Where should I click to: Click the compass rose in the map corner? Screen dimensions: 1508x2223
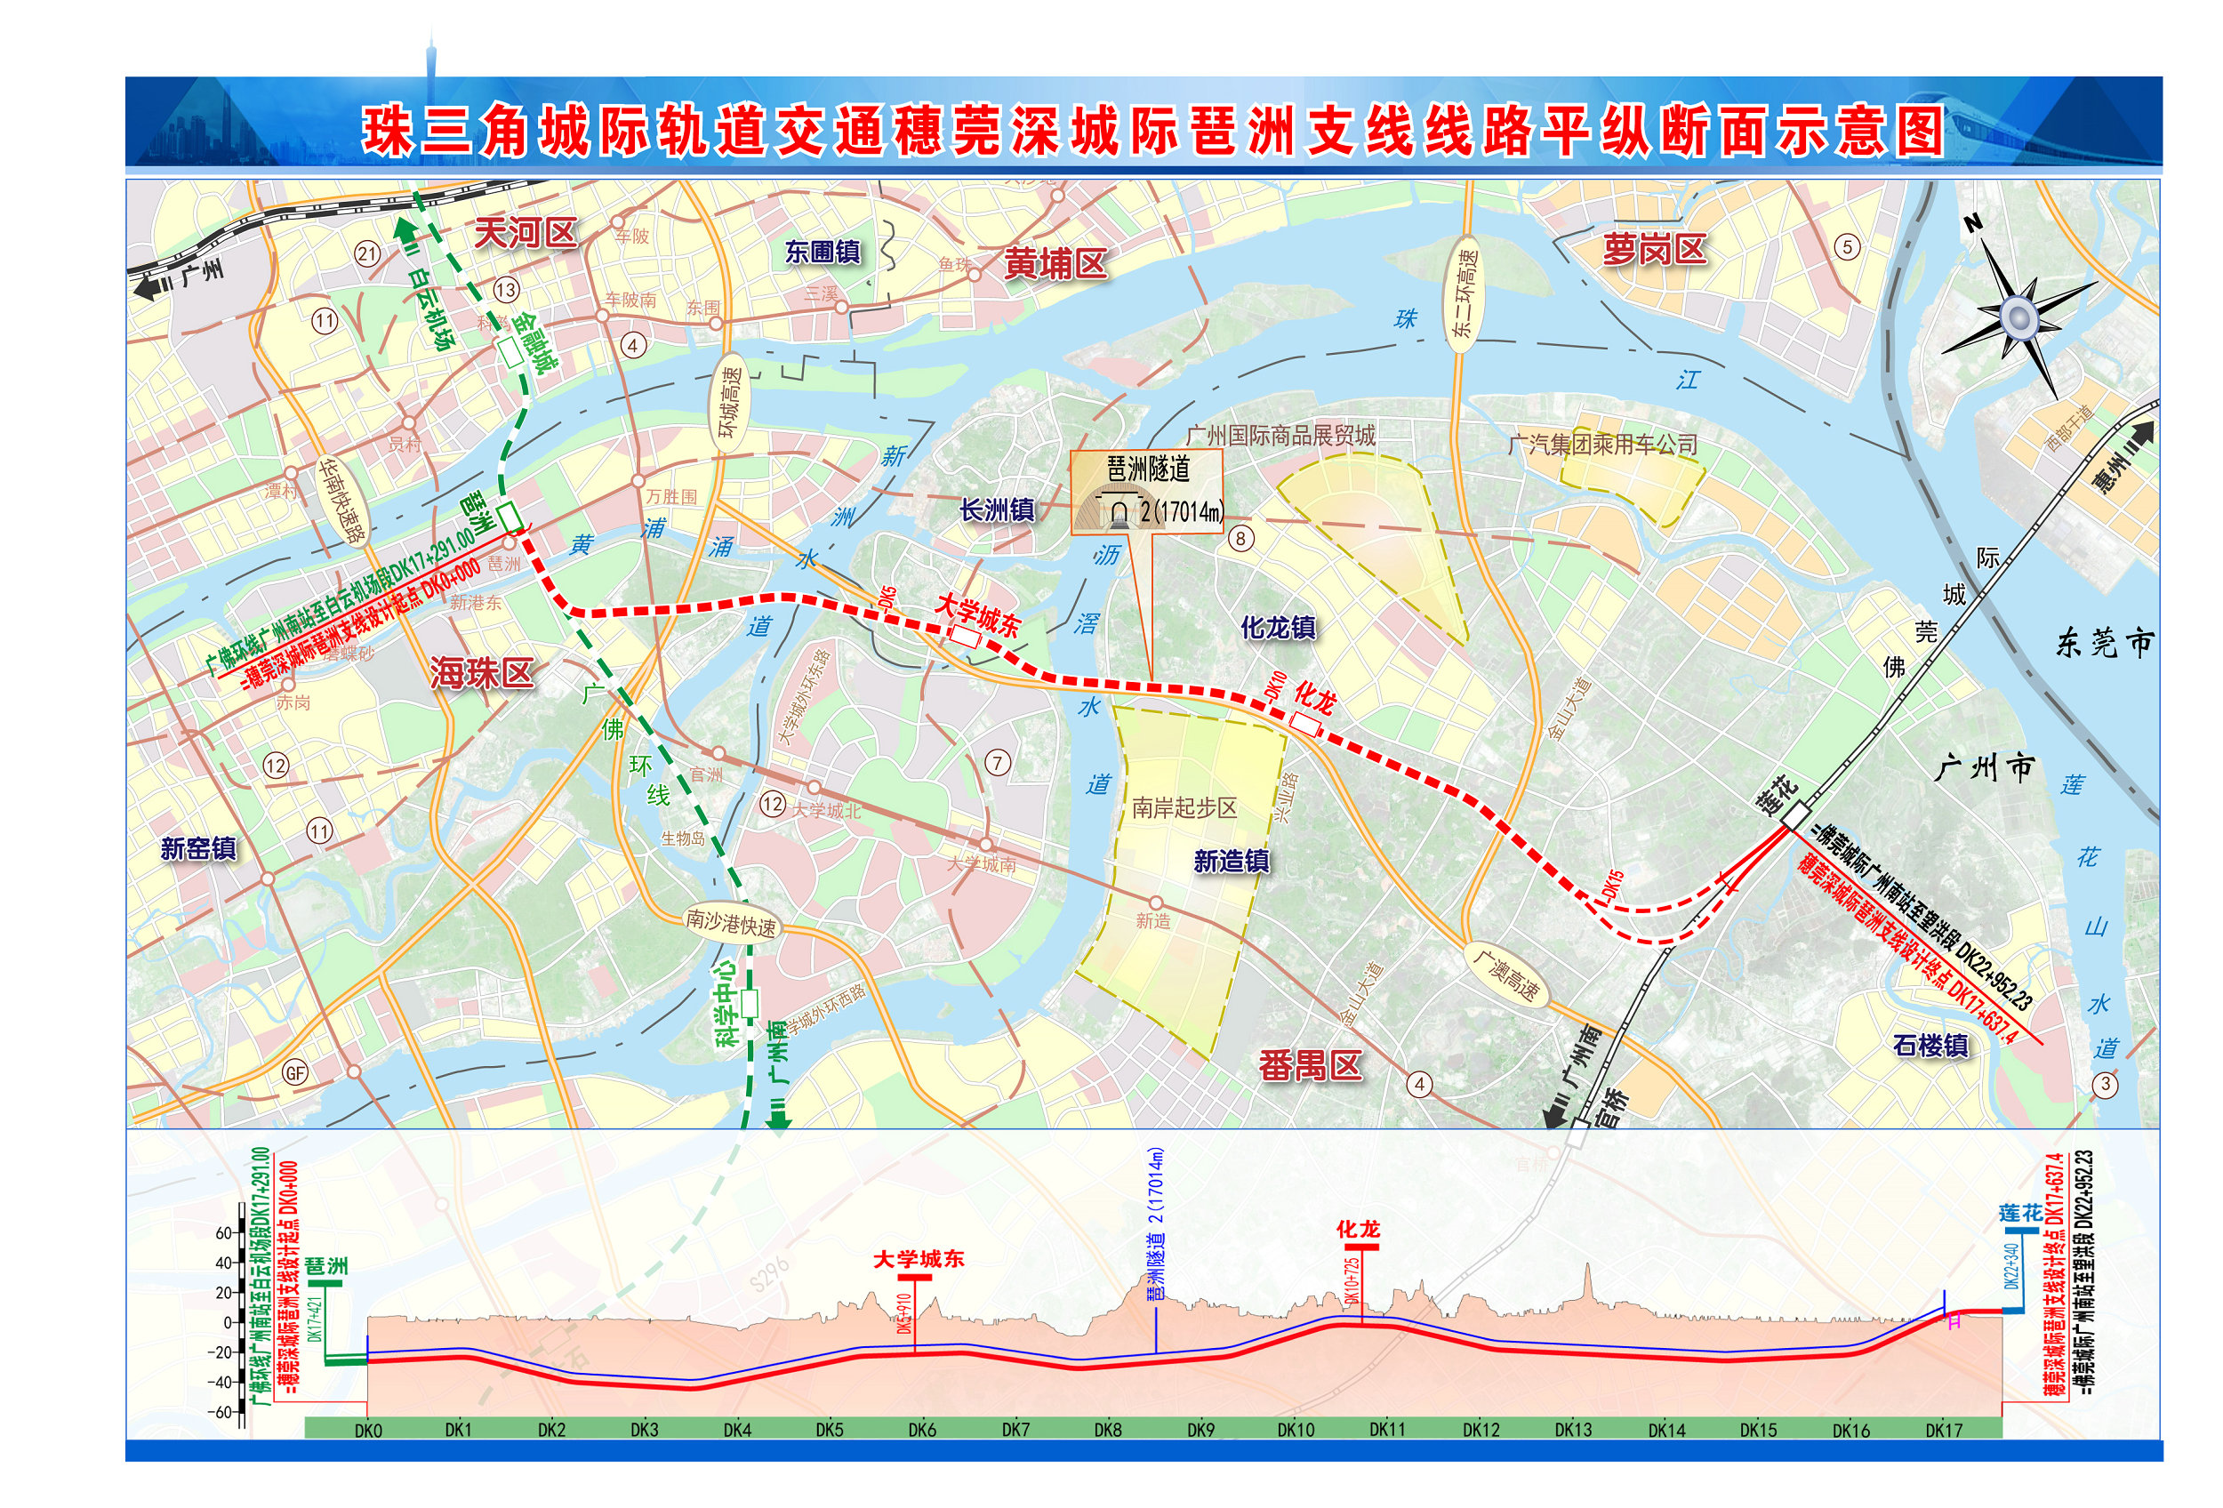coord(2018,317)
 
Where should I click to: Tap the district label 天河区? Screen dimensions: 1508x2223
coord(526,232)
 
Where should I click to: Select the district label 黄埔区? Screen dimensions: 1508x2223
coord(1055,264)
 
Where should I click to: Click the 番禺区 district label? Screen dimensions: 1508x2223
coord(1310,1065)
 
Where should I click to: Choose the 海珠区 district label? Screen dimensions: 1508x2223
coord(481,673)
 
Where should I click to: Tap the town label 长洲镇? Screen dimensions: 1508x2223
coord(997,510)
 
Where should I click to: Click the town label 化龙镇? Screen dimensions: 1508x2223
coord(1278,628)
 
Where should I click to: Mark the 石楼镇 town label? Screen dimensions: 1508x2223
coord(1931,1045)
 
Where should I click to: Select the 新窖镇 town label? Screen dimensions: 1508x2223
coord(198,848)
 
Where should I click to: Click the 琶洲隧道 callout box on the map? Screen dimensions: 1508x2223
coord(1146,492)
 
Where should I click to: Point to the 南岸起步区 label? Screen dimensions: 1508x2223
coord(1184,808)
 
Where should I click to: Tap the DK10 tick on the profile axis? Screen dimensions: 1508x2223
coord(1296,1430)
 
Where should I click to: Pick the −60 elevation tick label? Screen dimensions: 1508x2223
coord(221,1411)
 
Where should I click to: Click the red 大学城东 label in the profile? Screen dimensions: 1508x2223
coord(919,1259)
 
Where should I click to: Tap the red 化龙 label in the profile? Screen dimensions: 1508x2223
coord(1359,1229)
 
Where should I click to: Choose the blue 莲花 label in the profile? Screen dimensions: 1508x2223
coord(2020,1213)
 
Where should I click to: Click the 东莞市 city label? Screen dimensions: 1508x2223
coord(2105,643)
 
